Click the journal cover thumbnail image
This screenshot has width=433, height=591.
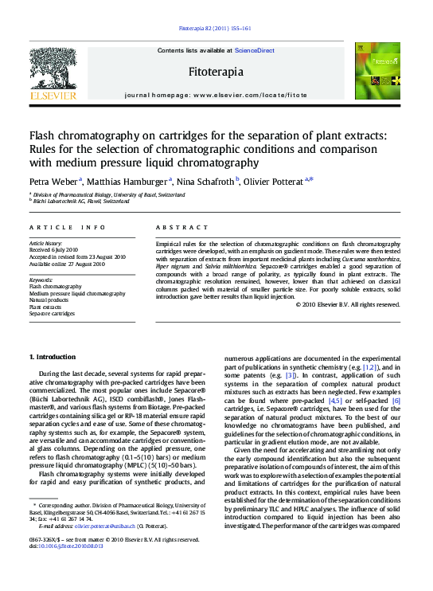click(x=378, y=71)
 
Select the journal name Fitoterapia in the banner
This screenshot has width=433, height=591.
click(x=216, y=72)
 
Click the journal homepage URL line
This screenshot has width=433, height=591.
click(x=216, y=94)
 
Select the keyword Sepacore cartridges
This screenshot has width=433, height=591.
click(x=53, y=314)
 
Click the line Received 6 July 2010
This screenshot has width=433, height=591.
click(x=53, y=250)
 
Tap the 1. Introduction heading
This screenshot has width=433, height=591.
click(x=53, y=356)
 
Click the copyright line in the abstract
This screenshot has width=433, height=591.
click(x=348, y=304)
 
